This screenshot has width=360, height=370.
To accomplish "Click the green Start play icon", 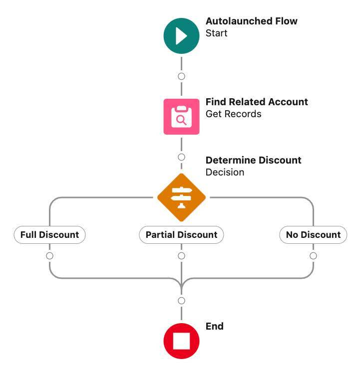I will pyautogui.click(x=181, y=36).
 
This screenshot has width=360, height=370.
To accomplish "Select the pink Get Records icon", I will pyautogui.click(x=181, y=117).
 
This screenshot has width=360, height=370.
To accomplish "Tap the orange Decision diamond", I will pyautogui.click(x=181, y=197).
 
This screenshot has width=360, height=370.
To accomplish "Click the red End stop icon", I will pyautogui.click(x=181, y=342).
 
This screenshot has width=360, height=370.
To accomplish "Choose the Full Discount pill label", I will pyautogui.click(x=49, y=235).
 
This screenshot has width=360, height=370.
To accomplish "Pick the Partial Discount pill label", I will pyautogui.click(x=181, y=235).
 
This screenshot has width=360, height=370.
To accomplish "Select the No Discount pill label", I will pyautogui.click(x=313, y=235).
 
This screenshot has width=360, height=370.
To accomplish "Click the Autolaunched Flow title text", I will pyautogui.click(x=251, y=21).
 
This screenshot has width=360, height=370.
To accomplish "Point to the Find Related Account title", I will pyautogui.click(x=257, y=102).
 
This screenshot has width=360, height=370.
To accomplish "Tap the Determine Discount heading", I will pyautogui.click(x=253, y=160).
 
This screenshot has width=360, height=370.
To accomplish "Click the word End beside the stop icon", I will pyautogui.click(x=214, y=326).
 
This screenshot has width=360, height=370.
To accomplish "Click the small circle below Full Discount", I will pyautogui.click(x=49, y=256).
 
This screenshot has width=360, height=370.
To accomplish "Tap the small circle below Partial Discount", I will pyautogui.click(x=181, y=256).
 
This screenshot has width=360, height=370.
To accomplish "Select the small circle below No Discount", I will pyautogui.click(x=313, y=256).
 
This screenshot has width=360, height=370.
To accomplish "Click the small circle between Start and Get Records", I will pyautogui.click(x=181, y=76).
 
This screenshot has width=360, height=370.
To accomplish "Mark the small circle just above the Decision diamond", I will pyautogui.click(x=181, y=157).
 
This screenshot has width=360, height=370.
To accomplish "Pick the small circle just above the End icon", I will pyautogui.click(x=181, y=301).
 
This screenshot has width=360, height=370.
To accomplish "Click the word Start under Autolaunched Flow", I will pyautogui.click(x=216, y=33).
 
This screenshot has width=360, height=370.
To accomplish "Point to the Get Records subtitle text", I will pyautogui.click(x=233, y=114).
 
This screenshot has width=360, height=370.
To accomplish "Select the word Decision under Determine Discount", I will pyautogui.click(x=225, y=173).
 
